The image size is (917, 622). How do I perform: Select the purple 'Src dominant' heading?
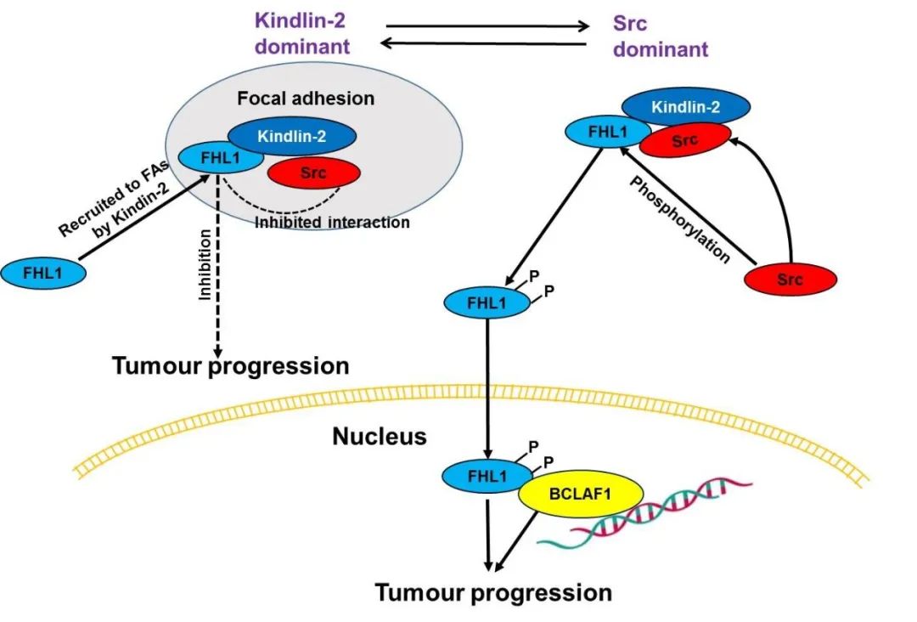coord(660,36)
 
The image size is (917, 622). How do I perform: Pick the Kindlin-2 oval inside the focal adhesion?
coord(292,134)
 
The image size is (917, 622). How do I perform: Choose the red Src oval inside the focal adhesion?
coord(313,173)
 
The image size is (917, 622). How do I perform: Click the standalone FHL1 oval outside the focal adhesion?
coord(42,273)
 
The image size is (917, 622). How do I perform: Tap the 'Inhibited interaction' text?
coord(332,223)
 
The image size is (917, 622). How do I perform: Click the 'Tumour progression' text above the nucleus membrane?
coord(231,366)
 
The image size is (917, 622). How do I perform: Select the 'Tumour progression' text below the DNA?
coord(493,591)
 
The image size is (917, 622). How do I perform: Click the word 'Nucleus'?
coord(379,437)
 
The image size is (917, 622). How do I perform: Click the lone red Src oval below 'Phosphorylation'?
coord(790,280)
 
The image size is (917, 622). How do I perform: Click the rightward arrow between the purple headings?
coord(483,25)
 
